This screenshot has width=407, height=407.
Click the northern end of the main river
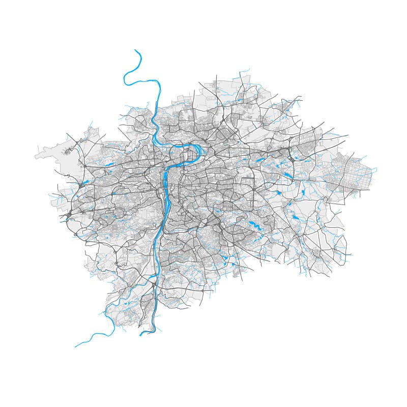(x=135, y=50)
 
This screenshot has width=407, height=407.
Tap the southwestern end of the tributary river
(x=75, y=347)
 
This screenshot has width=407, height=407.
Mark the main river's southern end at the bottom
(x=140, y=334)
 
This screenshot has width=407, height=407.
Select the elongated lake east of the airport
(x=109, y=164)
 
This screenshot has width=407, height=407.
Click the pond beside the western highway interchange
(x=85, y=182)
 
